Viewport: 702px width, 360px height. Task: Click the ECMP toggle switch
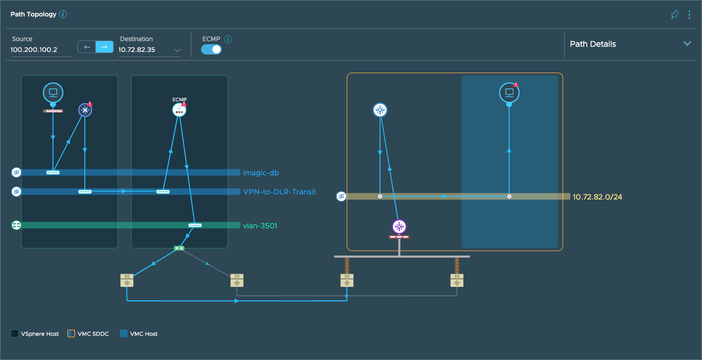211,49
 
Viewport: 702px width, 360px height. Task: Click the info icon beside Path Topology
63,14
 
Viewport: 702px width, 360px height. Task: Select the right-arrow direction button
104,47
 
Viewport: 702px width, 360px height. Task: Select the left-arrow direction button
87,47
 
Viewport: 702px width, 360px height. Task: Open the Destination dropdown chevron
177,50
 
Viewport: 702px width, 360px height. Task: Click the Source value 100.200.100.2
34,50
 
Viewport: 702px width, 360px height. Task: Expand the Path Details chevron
687,44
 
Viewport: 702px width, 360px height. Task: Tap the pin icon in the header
675,14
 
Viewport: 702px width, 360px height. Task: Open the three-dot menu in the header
689,14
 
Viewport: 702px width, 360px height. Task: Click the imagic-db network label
261,173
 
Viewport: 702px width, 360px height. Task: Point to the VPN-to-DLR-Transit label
279,192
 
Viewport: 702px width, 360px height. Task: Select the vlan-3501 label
260,225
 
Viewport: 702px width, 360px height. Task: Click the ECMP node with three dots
179,110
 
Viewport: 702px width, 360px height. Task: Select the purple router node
399,226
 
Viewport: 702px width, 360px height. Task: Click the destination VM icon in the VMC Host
509,93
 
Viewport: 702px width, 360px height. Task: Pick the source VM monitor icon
53,93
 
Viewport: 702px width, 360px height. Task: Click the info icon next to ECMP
228,39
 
